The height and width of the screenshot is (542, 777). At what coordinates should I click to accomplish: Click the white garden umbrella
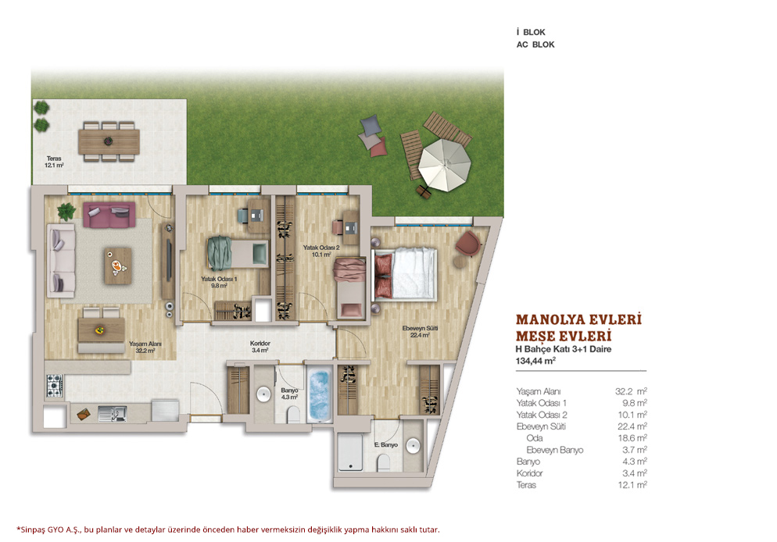(444, 165)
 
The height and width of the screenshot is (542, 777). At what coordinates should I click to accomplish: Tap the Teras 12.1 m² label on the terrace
(54, 162)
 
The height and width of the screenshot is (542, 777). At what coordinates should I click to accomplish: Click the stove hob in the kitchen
(55, 386)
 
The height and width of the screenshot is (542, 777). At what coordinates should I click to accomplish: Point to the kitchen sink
(112, 413)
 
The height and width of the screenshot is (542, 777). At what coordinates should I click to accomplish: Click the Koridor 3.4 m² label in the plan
(260, 347)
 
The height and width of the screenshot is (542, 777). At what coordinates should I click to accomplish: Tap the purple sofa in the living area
(109, 214)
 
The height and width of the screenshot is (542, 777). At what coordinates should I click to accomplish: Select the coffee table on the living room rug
(118, 266)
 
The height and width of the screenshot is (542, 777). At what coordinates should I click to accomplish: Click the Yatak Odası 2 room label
(321, 251)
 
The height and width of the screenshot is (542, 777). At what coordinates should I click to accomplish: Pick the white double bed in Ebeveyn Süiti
(405, 274)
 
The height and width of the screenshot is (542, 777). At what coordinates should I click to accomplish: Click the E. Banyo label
(386, 444)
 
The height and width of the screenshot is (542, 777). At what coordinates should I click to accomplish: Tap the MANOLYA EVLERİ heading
(578, 319)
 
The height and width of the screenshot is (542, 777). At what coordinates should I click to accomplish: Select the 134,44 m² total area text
(535, 361)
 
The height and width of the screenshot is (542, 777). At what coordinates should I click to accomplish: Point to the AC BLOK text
(535, 45)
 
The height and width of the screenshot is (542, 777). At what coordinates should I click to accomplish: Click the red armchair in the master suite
(467, 244)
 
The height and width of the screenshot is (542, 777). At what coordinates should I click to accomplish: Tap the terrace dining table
(109, 141)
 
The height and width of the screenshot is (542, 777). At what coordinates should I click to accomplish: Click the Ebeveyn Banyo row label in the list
(554, 450)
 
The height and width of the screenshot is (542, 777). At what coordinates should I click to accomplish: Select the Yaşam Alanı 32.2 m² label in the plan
(145, 347)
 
